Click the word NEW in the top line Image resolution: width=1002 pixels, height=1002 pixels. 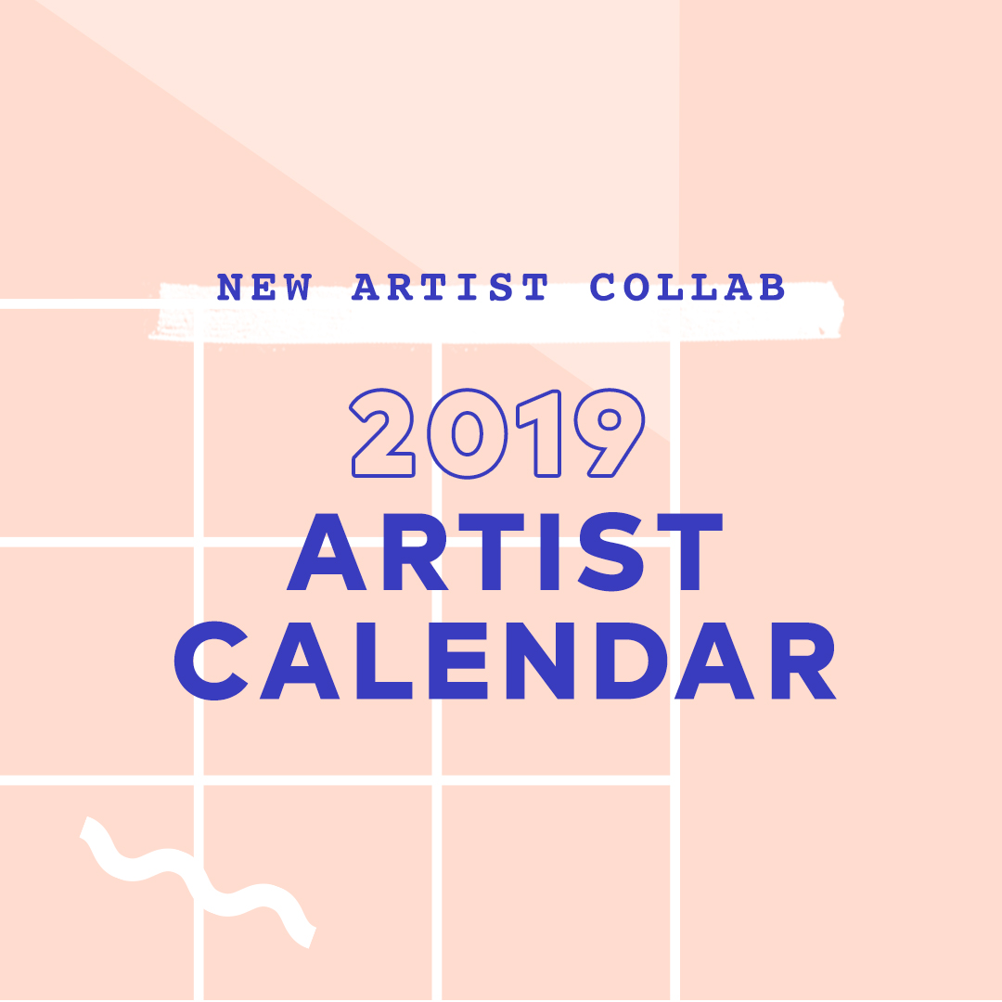(x=263, y=289)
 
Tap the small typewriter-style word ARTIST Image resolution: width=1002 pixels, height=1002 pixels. (x=450, y=289)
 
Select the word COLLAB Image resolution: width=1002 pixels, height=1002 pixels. (x=687, y=289)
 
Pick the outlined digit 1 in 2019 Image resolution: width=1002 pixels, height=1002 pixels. (x=542, y=433)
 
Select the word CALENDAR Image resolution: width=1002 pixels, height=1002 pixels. (x=505, y=660)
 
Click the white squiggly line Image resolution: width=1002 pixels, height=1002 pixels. (x=199, y=881)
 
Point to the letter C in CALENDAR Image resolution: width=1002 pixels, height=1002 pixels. (x=212, y=660)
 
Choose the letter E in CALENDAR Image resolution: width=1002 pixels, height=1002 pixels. (x=447, y=660)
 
